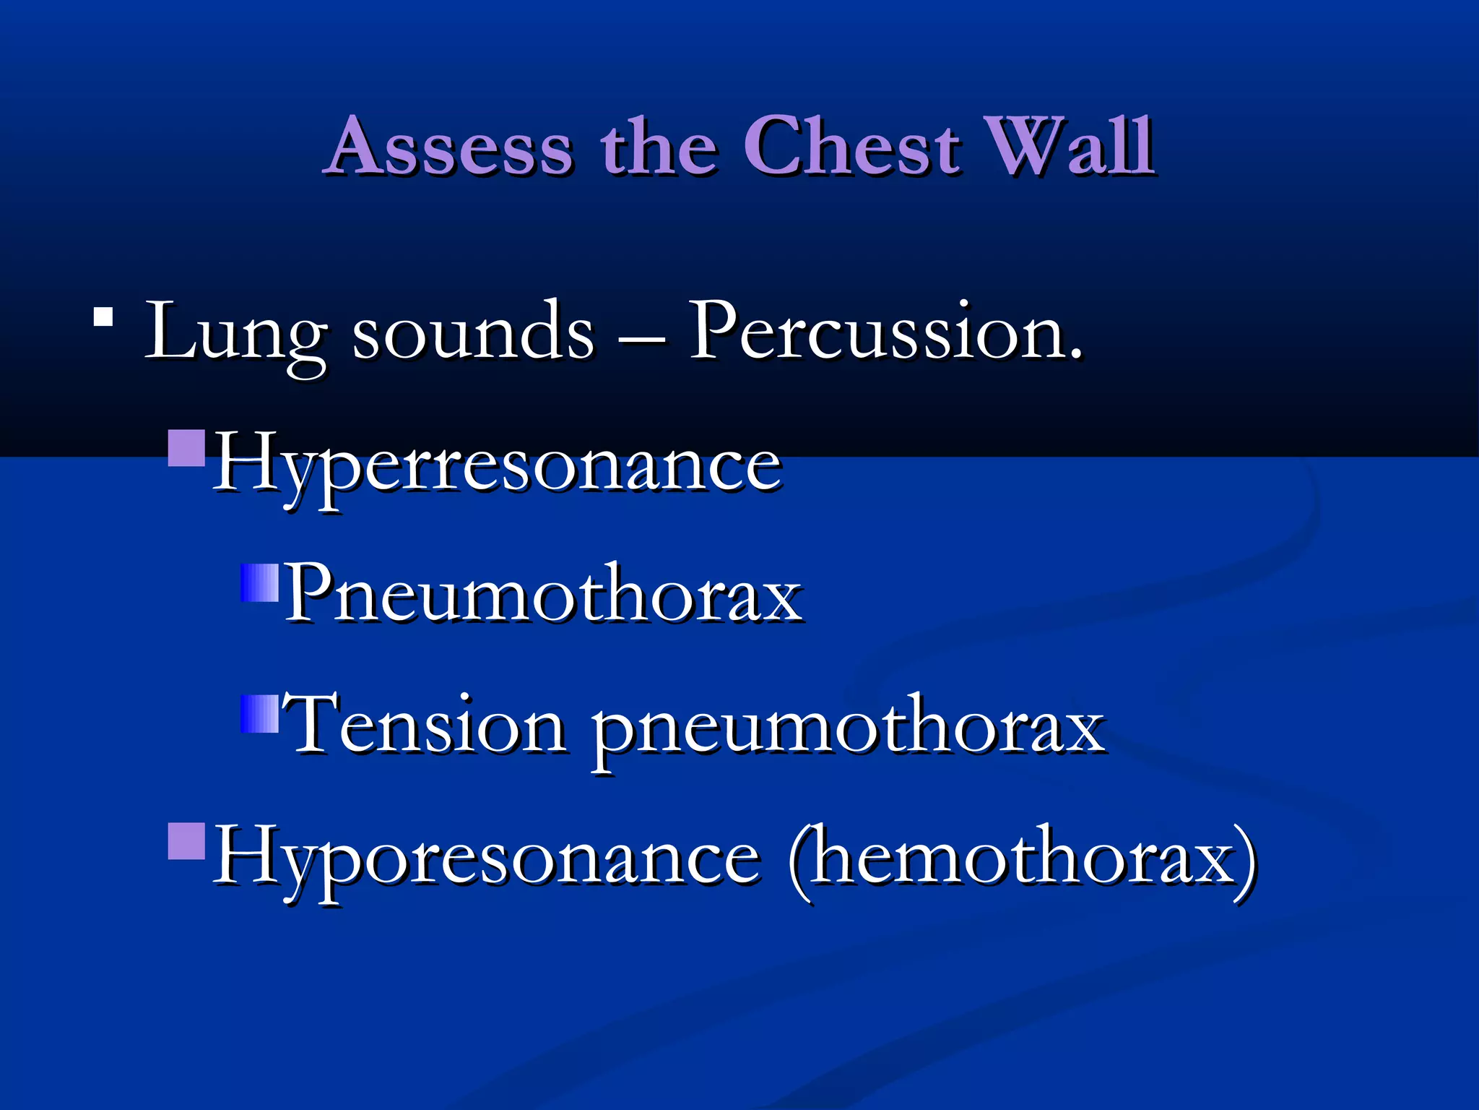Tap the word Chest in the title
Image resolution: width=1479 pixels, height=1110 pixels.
pyautogui.click(x=852, y=147)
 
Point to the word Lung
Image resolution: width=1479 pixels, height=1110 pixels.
pyautogui.click(x=235, y=332)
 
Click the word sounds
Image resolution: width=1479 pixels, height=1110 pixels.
pyautogui.click(x=473, y=332)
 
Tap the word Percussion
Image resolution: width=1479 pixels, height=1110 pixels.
pyautogui.click(x=885, y=332)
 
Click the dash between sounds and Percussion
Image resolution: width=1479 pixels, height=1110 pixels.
pyautogui.click(x=641, y=338)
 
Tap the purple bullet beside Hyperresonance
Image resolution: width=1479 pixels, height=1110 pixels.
pyautogui.click(x=187, y=448)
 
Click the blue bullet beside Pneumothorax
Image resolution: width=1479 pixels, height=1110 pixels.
pyautogui.click(x=259, y=582)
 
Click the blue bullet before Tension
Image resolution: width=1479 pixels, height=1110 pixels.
pyautogui.click(x=259, y=714)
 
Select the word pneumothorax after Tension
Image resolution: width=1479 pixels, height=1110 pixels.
pyautogui.click(x=849, y=730)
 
